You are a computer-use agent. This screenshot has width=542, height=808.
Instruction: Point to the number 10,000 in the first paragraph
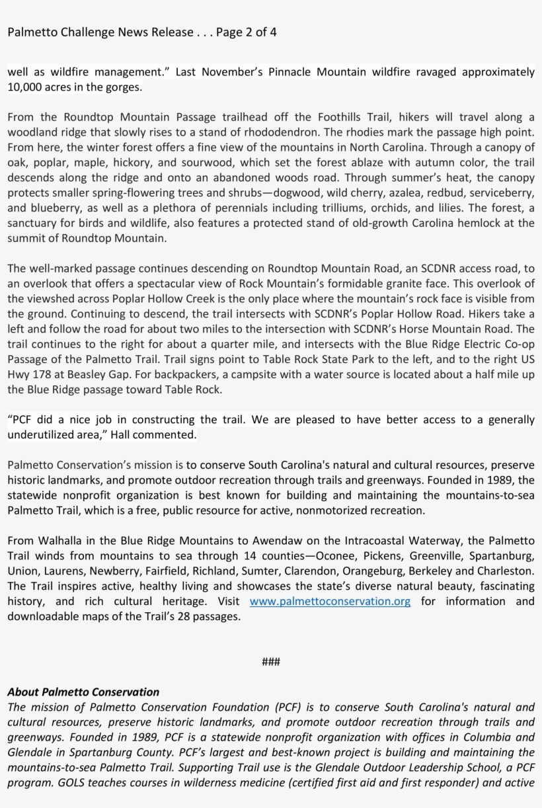pyautogui.click(x=24, y=87)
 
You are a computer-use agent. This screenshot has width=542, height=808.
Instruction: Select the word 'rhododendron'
pyautogui.click(x=306, y=132)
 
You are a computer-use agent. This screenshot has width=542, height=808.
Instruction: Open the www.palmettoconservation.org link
pyautogui.click(x=330, y=601)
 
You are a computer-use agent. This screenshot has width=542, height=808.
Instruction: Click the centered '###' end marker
pyautogui.click(x=270, y=662)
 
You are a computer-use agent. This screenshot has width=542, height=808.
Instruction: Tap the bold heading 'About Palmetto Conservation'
pyautogui.click(x=83, y=692)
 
